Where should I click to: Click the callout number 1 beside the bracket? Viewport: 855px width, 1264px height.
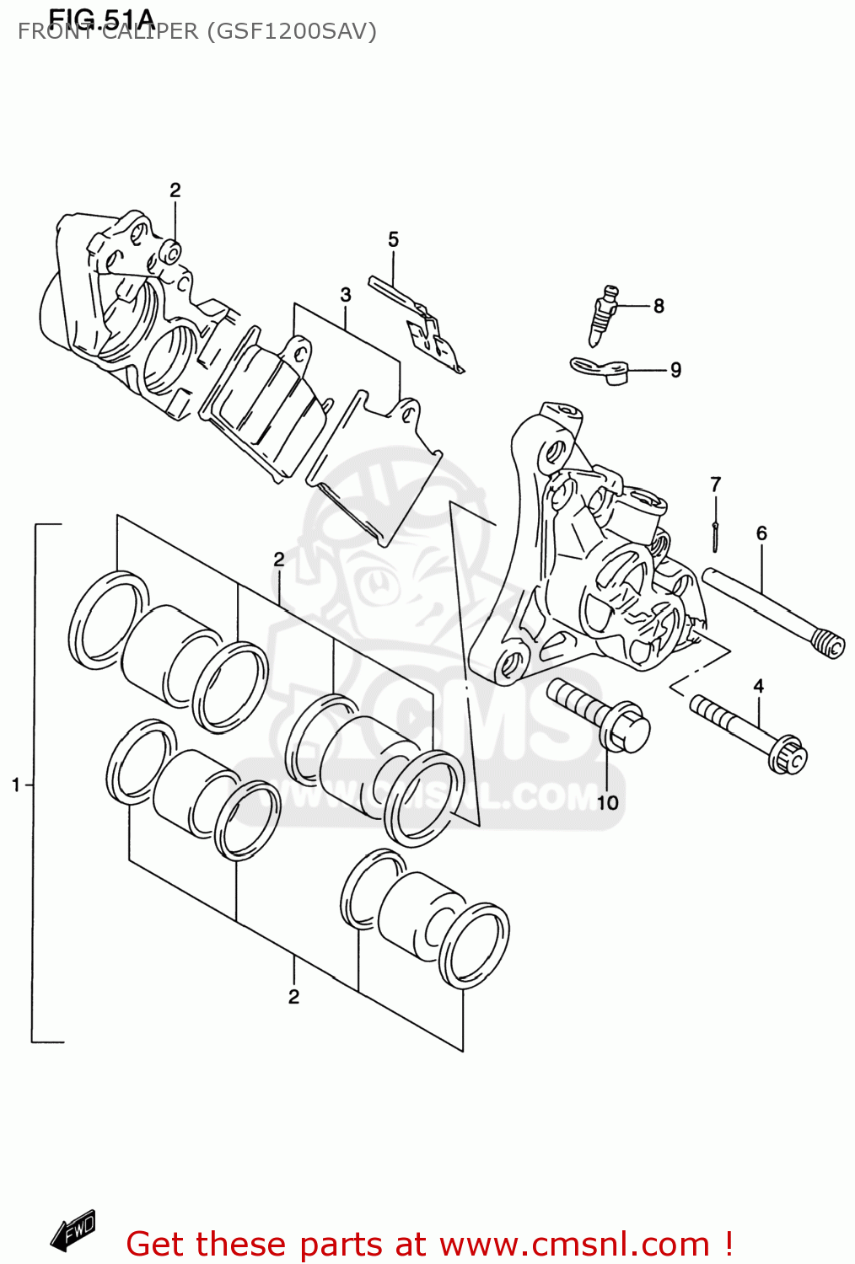[x=15, y=785]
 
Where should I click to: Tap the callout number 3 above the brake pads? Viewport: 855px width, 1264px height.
[x=346, y=295]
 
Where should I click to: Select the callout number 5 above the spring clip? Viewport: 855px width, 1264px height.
[x=393, y=240]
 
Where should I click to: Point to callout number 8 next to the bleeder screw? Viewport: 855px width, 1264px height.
[x=659, y=306]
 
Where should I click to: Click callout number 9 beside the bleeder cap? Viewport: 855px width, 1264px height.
[x=675, y=370]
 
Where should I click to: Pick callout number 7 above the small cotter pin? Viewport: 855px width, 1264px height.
[x=715, y=485]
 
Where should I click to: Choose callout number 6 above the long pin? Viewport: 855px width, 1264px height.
[x=761, y=533]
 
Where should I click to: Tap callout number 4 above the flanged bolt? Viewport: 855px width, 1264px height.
[x=758, y=686]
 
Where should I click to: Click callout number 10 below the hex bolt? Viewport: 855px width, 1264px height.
[x=608, y=803]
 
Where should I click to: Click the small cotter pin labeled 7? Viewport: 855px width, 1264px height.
[x=715, y=537]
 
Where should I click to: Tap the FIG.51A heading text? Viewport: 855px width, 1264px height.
[x=101, y=18]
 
